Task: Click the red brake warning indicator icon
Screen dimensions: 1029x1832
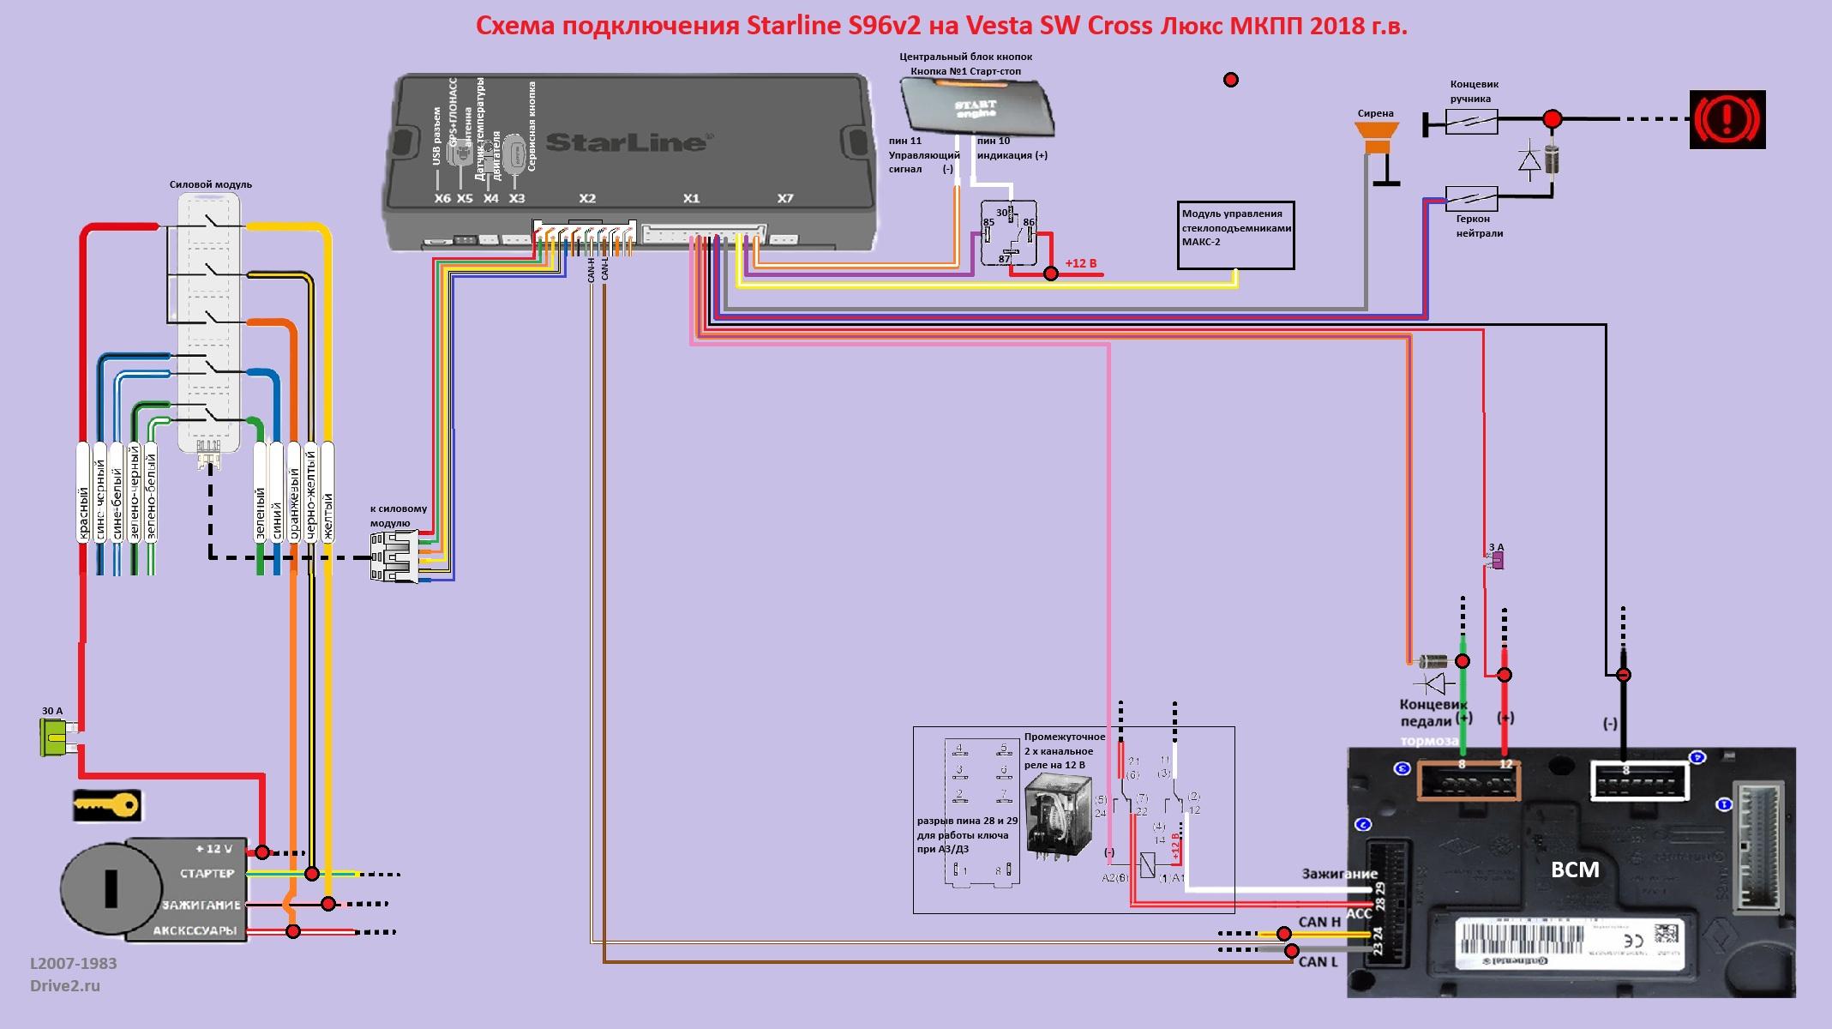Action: pos(1727,119)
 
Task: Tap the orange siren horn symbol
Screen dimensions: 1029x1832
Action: pos(1377,137)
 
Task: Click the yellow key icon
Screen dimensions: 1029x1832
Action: pos(106,806)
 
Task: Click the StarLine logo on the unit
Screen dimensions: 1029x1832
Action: pos(625,141)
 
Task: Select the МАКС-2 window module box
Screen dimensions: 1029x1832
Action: pos(1235,235)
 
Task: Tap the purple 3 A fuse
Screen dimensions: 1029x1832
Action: pos(1497,561)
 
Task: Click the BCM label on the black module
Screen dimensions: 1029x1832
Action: pos(1575,870)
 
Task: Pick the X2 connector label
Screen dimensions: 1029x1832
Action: pos(587,199)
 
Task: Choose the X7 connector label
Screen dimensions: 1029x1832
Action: pos(785,199)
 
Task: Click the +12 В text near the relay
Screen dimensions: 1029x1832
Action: pos(1081,263)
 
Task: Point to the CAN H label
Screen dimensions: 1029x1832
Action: pos(1319,922)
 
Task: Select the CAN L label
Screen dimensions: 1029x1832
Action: pos(1318,961)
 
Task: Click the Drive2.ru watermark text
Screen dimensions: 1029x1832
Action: pos(65,986)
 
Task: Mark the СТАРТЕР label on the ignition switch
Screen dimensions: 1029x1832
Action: pos(207,874)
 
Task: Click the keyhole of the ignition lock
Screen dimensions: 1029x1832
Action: pos(111,888)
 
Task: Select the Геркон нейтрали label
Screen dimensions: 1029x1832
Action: pos(1479,226)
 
